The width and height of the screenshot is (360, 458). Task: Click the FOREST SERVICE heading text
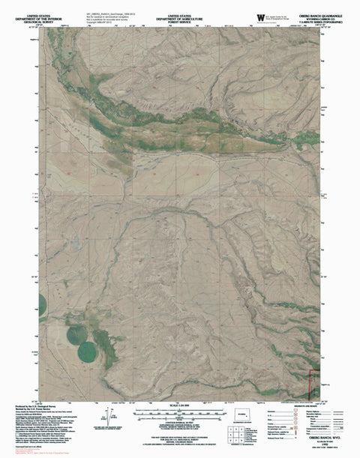tap(181, 14)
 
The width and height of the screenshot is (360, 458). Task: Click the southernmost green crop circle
tap(88, 350)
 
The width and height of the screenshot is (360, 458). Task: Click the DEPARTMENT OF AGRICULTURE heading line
tap(181, 9)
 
